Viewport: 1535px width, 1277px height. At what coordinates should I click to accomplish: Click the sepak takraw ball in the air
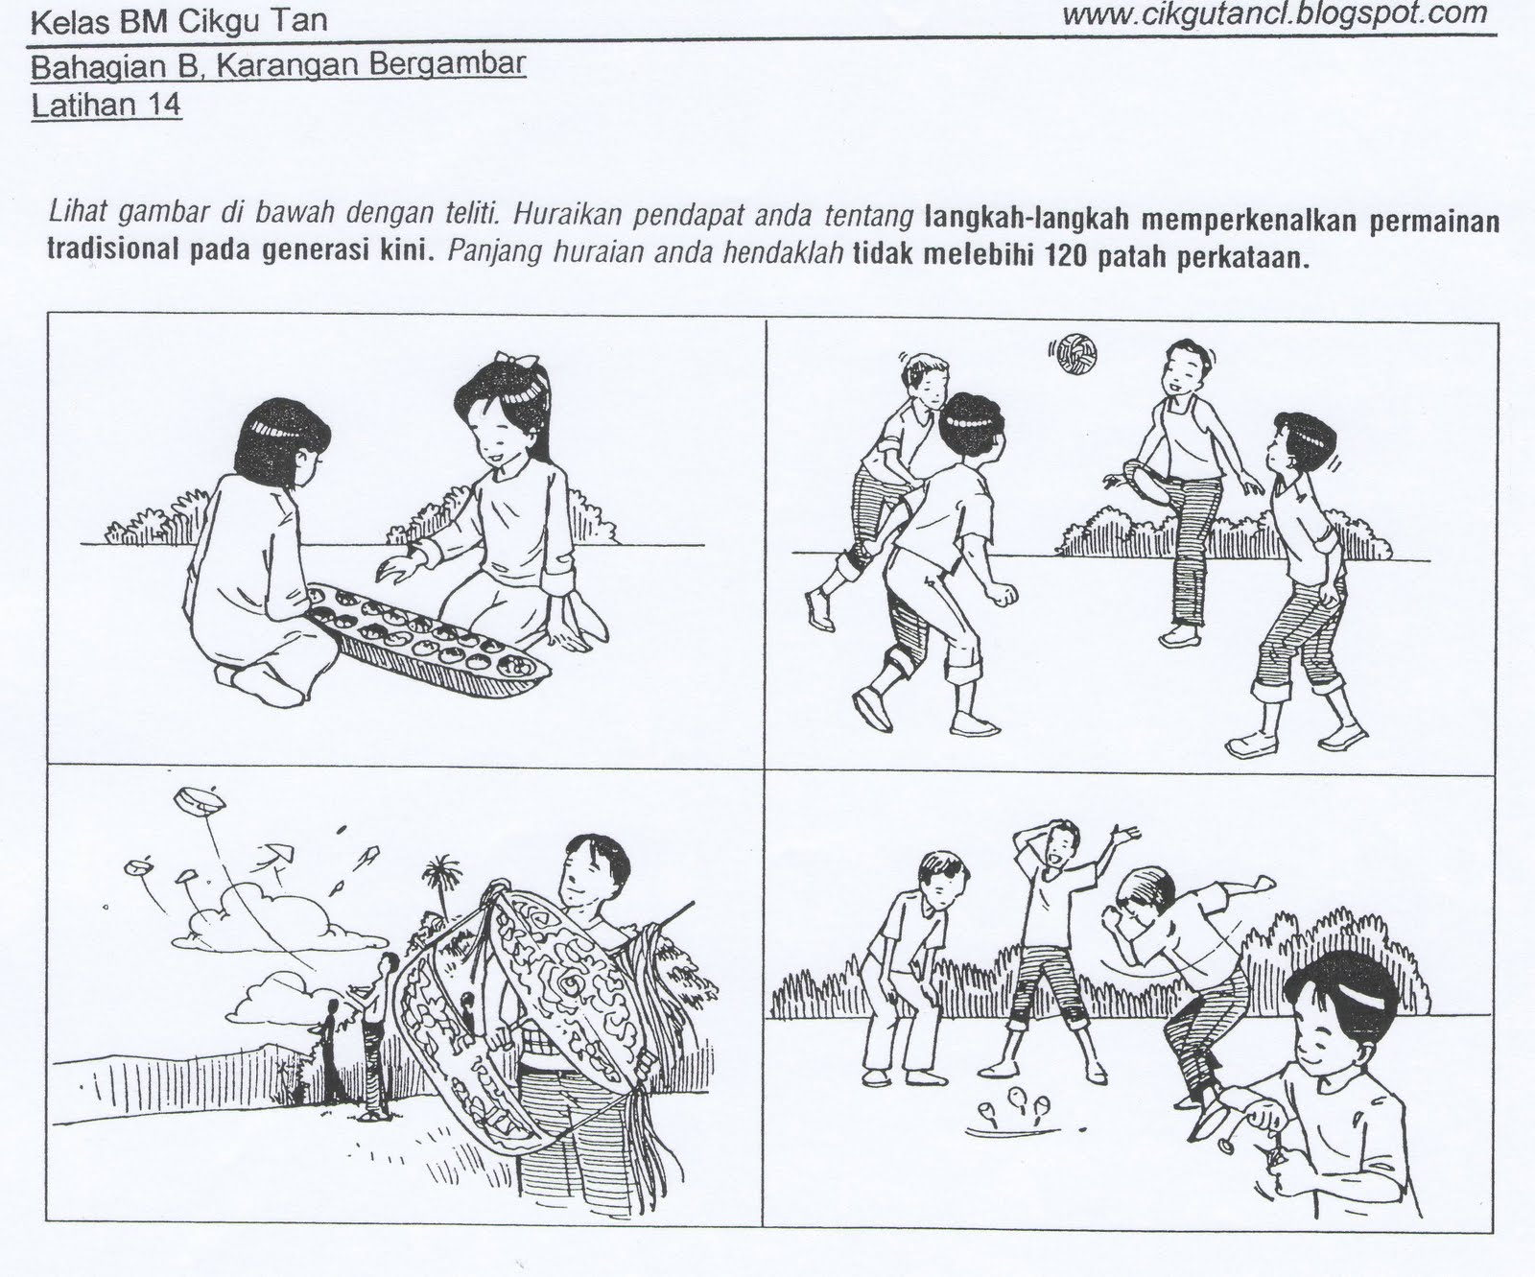click(x=1075, y=355)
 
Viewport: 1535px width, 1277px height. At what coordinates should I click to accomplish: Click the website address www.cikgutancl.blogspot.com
click(x=1275, y=14)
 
